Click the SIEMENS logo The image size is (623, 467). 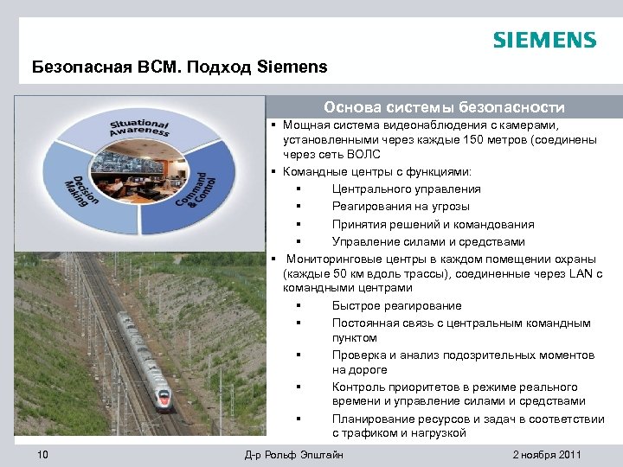(544, 40)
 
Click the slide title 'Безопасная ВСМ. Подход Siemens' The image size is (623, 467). (179, 67)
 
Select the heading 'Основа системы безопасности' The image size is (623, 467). (444, 107)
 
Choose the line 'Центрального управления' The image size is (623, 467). (406, 189)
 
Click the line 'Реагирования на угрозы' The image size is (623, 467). (401, 206)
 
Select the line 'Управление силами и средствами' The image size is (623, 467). (428, 241)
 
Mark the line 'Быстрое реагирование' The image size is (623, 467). (396, 305)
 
